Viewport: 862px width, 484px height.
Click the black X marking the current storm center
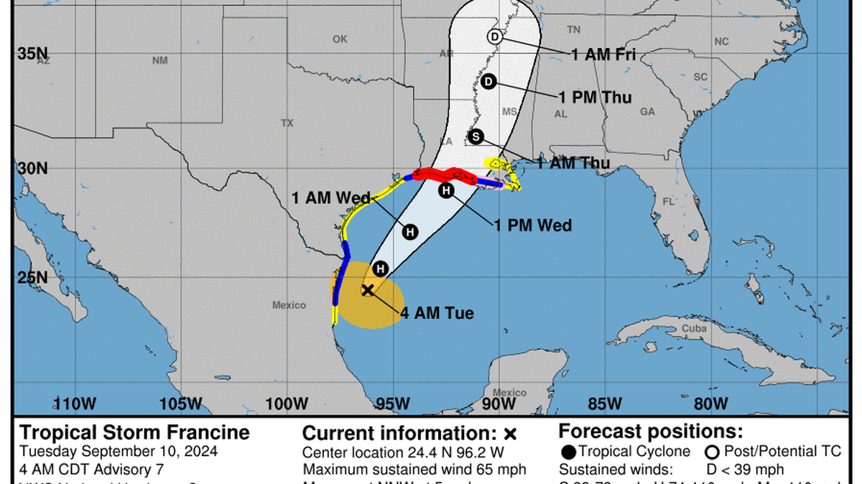(x=367, y=290)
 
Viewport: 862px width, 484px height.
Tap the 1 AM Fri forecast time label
(x=603, y=53)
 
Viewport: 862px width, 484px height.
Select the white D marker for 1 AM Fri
(x=494, y=37)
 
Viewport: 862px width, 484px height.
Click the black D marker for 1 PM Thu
(x=488, y=82)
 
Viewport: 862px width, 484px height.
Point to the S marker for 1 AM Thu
(x=476, y=137)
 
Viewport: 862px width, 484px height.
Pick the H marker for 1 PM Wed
(x=446, y=190)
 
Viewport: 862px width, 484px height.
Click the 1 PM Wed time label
(x=532, y=225)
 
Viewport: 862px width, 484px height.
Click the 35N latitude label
(x=33, y=53)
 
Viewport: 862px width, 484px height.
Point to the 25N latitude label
(x=33, y=277)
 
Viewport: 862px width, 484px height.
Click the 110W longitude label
(x=75, y=404)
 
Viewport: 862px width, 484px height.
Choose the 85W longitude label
(x=606, y=404)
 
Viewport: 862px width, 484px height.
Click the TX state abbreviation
(x=287, y=124)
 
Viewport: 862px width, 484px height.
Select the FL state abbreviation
(x=668, y=202)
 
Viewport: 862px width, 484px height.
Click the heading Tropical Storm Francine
(x=135, y=432)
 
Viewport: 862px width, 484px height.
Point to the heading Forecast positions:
(x=651, y=432)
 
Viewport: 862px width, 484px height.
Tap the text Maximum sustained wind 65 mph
(x=414, y=470)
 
